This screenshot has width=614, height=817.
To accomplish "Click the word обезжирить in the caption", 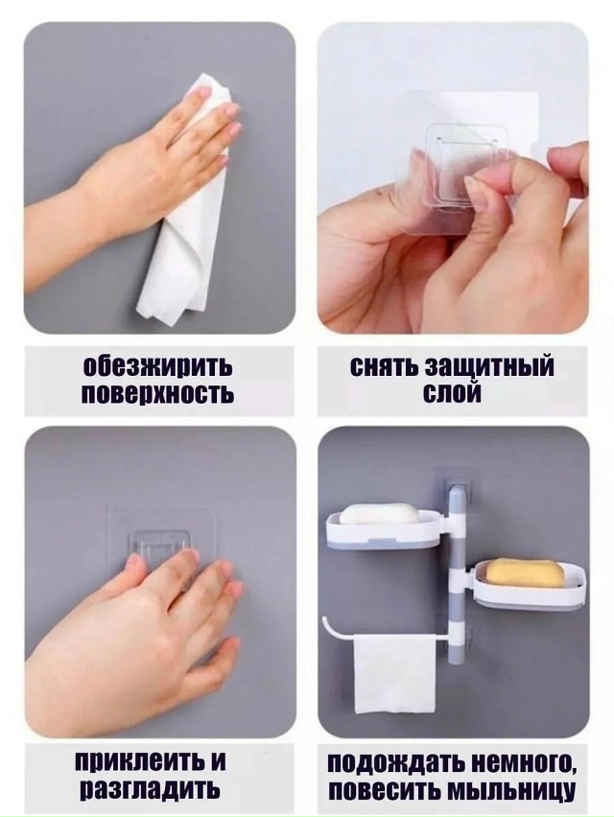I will click(x=157, y=367).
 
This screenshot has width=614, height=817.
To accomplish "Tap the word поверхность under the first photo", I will click(x=157, y=394).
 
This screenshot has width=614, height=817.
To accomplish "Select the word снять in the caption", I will click(x=383, y=367).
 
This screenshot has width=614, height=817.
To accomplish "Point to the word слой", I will click(x=451, y=394).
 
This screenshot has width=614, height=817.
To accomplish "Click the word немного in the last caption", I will click(x=519, y=764).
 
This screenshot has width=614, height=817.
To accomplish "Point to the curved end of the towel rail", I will click(x=329, y=624).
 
